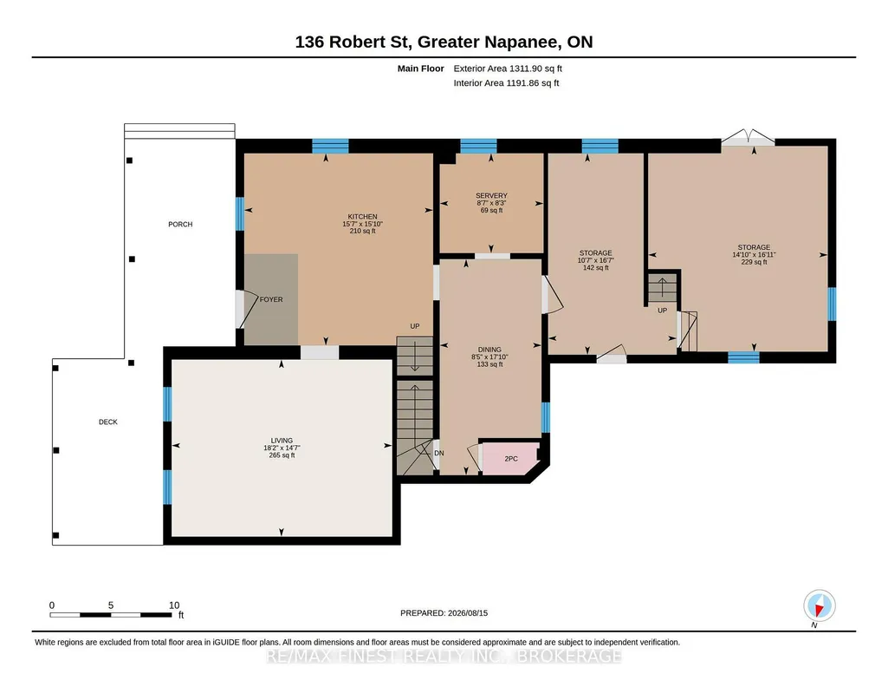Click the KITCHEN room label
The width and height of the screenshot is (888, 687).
362,217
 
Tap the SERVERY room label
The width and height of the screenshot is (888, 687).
491,195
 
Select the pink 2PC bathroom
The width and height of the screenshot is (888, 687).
510,458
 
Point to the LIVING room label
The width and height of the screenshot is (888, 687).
282,441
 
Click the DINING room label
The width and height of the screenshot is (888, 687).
489,350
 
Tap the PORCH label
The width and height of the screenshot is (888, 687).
180,225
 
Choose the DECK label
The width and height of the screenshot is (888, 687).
108,422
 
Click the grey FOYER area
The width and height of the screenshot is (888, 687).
271,299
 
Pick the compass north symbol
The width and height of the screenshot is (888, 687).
819,606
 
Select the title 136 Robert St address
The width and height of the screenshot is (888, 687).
444,42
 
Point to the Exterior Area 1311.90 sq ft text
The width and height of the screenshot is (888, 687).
508,69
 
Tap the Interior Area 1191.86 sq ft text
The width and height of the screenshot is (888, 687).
506,82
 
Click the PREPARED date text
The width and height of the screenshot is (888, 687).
444,612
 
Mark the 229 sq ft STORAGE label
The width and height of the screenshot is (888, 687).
754,254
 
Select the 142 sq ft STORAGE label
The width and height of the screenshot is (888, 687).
595,260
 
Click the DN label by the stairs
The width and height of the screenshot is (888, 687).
439,454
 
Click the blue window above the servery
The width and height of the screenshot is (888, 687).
478,147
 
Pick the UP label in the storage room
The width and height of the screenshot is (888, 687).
662,311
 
